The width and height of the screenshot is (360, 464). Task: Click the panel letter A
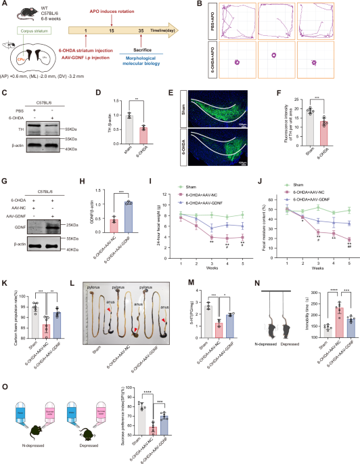click(5, 5)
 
